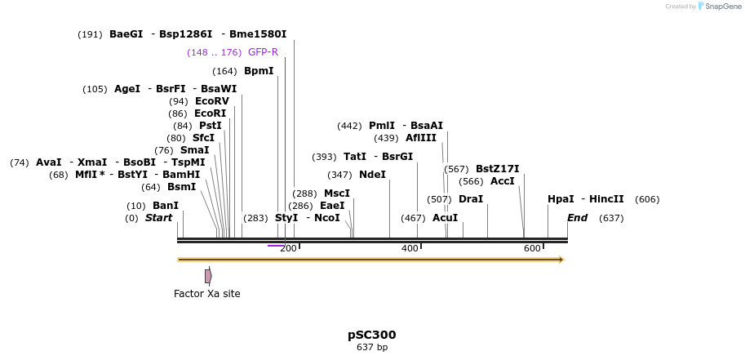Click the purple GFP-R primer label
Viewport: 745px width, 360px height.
[263, 52]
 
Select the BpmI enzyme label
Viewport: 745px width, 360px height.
[259, 71]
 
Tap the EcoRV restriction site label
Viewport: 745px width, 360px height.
[212, 101]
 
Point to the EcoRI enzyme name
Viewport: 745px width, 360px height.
[210, 113]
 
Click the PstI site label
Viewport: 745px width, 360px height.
[211, 126]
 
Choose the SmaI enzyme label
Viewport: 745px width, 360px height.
[194, 150]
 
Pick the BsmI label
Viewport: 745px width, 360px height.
[181, 187]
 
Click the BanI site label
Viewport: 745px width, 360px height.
[166, 206]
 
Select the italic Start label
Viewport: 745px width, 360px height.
[159, 218]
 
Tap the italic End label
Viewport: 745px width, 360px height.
[578, 218]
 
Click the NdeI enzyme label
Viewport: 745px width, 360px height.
[372, 175]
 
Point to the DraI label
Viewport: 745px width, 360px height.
[471, 199]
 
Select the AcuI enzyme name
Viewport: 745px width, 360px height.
[445, 218]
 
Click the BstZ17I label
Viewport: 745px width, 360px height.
[498, 169]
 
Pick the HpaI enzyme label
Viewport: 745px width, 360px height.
[561, 199]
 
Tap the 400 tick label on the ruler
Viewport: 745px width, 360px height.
[410, 248]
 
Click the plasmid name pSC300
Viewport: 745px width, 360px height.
[372, 335]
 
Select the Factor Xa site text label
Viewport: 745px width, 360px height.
[207, 294]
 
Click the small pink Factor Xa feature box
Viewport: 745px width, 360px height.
[208, 277]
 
